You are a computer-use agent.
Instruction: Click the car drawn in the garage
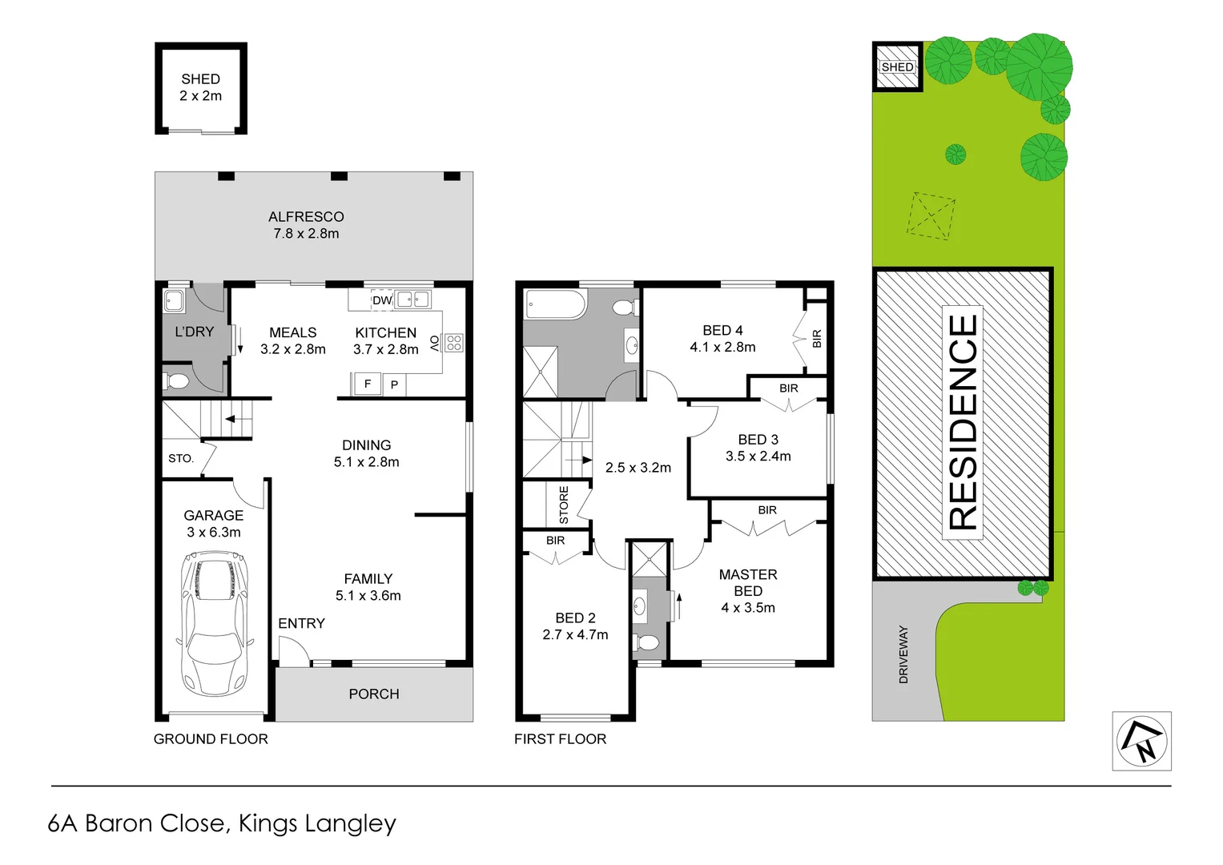tap(215, 623)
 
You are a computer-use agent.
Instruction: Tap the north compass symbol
tap(1141, 742)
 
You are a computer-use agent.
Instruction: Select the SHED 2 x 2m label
tap(200, 87)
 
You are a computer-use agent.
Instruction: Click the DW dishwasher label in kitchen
tap(382, 300)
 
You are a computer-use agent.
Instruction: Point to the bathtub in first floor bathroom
tap(555, 304)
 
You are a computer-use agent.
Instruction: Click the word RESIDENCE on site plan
tap(963, 421)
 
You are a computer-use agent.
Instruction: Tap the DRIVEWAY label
tap(903, 654)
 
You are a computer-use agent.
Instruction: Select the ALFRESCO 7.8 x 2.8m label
tap(306, 225)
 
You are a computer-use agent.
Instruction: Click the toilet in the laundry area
tap(176, 380)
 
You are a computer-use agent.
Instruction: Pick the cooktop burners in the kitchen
tap(454, 343)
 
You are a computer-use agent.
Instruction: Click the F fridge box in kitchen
tap(368, 384)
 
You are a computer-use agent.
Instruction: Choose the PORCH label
tap(373, 694)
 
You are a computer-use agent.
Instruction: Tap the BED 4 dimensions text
tap(722, 348)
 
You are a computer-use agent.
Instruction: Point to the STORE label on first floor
tap(564, 505)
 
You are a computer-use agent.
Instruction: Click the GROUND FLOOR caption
tap(211, 739)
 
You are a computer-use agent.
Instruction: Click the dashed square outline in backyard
tap(931, 215)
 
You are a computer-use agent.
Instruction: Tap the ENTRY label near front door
tap(301, 623)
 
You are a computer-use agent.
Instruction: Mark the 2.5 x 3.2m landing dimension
tap(638, 468)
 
